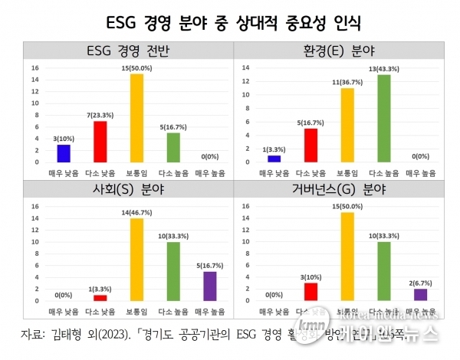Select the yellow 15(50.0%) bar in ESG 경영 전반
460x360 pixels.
[x=136, y=118]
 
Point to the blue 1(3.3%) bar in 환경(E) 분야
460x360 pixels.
[x=274, y=159]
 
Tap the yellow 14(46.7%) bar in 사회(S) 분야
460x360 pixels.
[x=136, y=260]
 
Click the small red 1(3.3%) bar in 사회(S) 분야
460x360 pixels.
[x=100, y=298]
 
